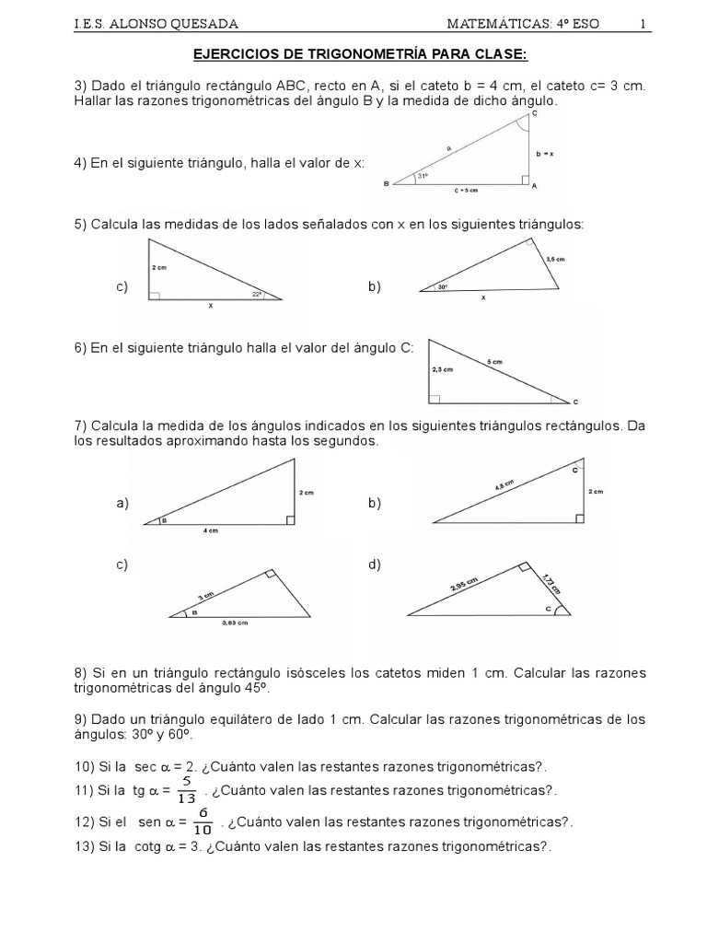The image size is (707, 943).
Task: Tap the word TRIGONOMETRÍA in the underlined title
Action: point(350,56)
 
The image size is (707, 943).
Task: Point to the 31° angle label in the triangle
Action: point(423,176)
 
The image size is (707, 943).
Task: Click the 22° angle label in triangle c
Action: point(257,295)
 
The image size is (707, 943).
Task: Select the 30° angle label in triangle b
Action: point(443,287)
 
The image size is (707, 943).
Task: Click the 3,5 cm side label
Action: point(554,261)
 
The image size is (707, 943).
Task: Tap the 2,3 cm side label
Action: point(443,370)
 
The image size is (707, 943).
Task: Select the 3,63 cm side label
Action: point(236,623)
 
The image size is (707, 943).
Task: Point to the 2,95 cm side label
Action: point(465,583)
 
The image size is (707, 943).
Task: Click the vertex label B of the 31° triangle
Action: point(386,184)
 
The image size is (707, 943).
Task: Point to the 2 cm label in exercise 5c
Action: point(160,268)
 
